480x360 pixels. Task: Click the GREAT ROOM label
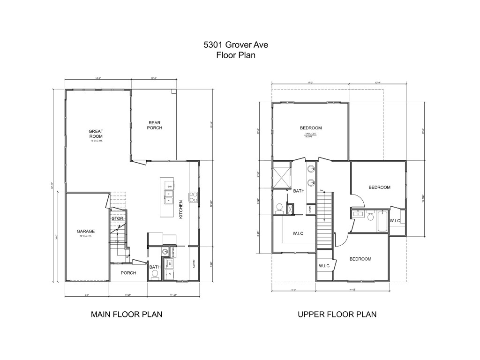(96, 134)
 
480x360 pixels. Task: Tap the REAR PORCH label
(154, 125)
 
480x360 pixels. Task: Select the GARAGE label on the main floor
(86, 232)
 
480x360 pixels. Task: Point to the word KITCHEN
(181, 209)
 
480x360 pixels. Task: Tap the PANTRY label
(194, 265)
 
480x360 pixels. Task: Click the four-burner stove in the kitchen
(193, 197)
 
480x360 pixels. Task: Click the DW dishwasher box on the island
(170, 186)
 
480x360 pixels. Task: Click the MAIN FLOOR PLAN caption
(127, 314)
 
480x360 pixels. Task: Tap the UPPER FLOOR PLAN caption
(337, 314)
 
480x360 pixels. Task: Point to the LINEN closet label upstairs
(310, 209)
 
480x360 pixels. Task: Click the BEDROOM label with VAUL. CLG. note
(311, 128)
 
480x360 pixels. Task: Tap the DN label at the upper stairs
(322, 191)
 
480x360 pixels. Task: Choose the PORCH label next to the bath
(128, 273)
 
